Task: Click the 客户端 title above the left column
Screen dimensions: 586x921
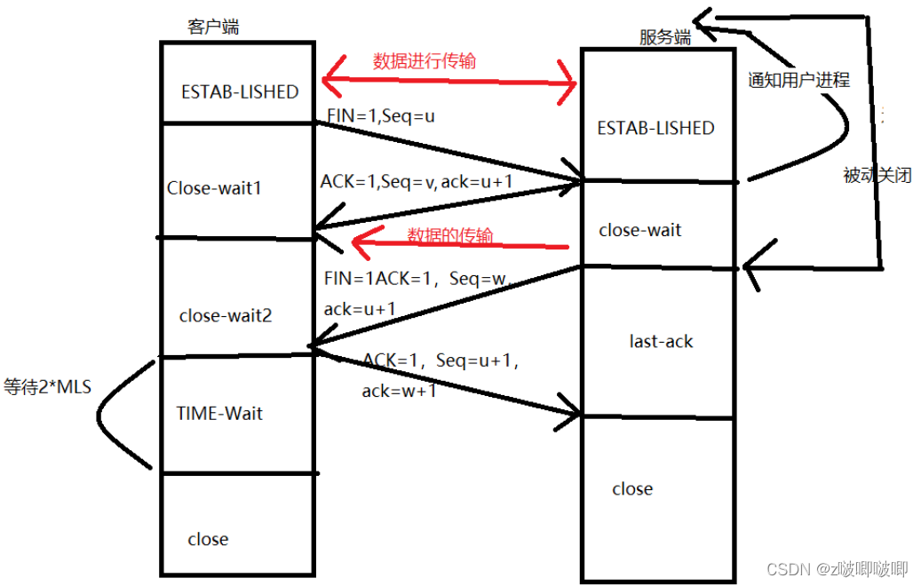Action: [212, 28]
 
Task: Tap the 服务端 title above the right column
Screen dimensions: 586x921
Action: [665, 36]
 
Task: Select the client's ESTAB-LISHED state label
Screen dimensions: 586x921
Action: [240, 92]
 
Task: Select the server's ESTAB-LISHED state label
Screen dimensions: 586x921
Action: [655, 128]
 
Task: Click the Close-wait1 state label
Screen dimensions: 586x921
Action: [214, 189]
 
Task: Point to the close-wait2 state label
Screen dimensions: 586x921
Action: [226, 315]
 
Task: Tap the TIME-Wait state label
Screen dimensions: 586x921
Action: [219, 413]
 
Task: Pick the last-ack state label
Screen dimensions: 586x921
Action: [661, 341]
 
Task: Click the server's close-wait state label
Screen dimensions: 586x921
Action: [640, 230]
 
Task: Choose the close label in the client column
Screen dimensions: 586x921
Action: [208, 539]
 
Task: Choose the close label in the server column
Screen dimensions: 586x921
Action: [632, 489]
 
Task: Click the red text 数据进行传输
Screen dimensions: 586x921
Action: [424, 61]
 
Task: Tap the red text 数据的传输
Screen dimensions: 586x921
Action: [449, 235]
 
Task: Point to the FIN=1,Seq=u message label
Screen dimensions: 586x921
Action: [381, 115]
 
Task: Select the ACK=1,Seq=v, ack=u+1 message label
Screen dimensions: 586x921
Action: [417, 181]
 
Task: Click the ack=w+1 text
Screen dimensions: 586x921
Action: [399, 391]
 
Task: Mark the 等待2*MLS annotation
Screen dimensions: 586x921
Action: [47, 387]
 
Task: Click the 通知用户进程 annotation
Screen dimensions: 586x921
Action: [798, 80]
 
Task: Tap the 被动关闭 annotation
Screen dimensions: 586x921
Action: [877, 176]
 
